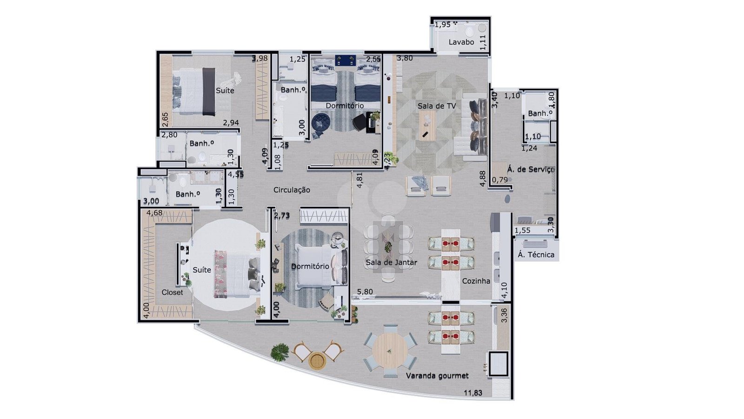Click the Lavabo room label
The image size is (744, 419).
tap(461, 42)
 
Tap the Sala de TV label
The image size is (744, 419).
tap(437, 106)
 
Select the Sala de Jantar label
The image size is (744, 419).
tap(391, 263)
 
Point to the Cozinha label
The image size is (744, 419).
tap(476, 281)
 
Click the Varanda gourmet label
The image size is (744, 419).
tap(437, 376)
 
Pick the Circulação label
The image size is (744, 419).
tap(292, 190)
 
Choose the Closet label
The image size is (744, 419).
tap(172, 292)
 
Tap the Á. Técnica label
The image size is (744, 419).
tap(536, 255)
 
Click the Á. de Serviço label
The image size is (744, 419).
tap(531, 169)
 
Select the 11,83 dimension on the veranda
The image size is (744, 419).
tap(472, 393)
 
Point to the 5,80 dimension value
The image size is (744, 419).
tap(365, 291)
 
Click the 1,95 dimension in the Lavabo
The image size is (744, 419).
tap(443, 24)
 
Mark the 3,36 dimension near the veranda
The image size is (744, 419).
tap(504, 315)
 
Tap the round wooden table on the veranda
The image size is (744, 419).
tap(390, 351)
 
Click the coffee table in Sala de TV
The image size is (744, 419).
tap(427, 125)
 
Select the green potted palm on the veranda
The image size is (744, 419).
tap(279, 352)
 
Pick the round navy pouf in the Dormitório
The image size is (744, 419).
tap(320, 122)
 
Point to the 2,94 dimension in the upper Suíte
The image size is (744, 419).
tap(231, 122)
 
